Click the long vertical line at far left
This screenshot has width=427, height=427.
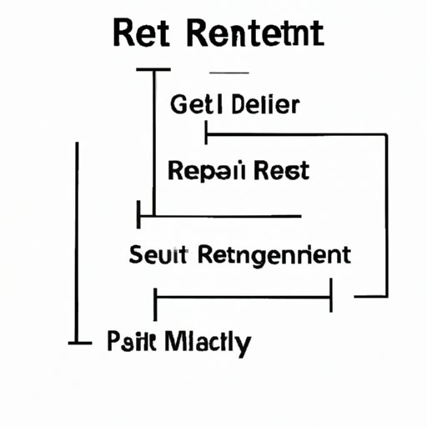78,242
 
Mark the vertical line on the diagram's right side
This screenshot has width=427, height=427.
387,213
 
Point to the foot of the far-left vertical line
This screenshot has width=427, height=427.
78,342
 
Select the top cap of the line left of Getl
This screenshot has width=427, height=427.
153,71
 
